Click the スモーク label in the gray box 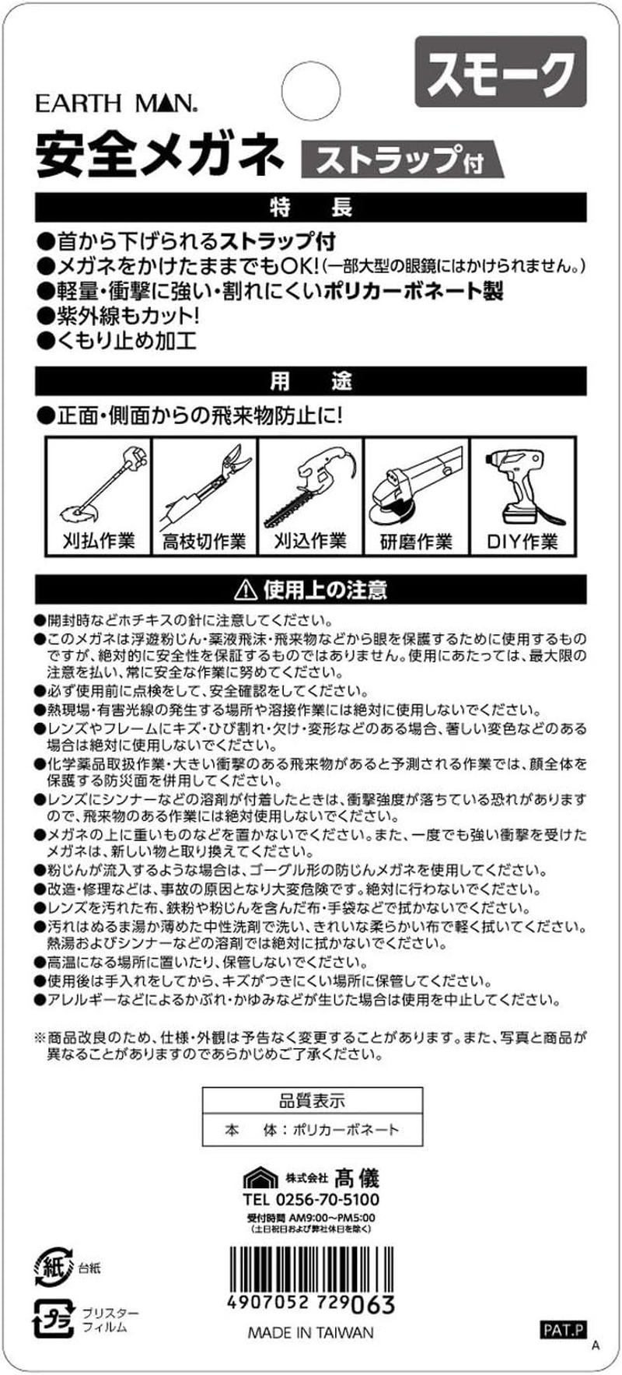tap(501, 72)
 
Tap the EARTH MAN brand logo tap(117, 103)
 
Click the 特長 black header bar tap(311, 206)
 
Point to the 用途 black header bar tap(311, 381)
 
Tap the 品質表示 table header tap(312, 1101)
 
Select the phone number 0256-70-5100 tap(311, 1200)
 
